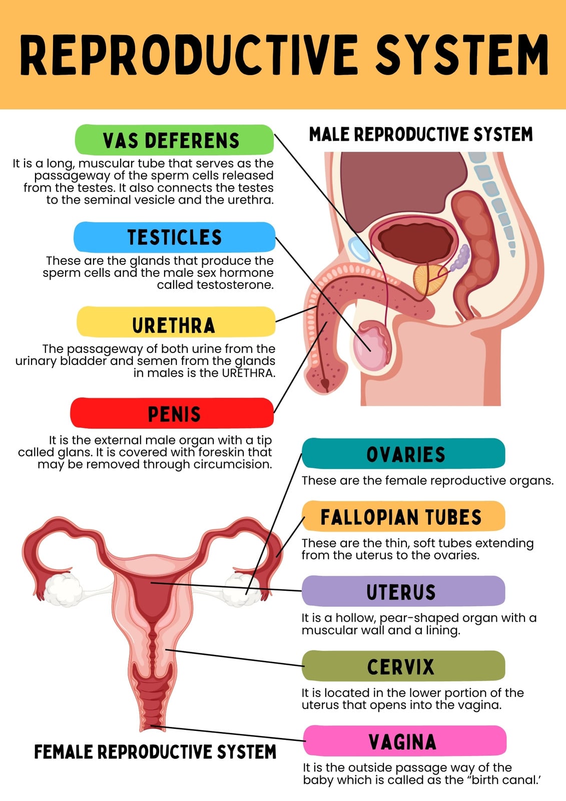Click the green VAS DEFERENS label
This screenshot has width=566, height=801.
[x=175, y=140]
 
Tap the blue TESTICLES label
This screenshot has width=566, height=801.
[x=175, y=237]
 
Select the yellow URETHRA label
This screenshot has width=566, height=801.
[x=176, y=322]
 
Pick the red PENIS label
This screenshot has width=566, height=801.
[x=172, y=413]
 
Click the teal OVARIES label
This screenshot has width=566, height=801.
[x=403, y=454]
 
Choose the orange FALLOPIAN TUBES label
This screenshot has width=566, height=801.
[x=403, y=516]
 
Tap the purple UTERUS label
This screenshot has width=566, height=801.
[x=403, y=591]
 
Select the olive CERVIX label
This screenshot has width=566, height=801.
[x=403, y=666]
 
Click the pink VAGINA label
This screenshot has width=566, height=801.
[x=405, y=740]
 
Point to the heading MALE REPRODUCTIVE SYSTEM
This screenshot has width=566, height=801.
[x=421, y=135]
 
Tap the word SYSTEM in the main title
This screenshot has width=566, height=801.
[x=462, y=55]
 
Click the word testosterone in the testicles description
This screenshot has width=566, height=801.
[x=215, y=285]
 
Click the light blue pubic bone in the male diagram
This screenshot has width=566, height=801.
[x=359, y=249]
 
